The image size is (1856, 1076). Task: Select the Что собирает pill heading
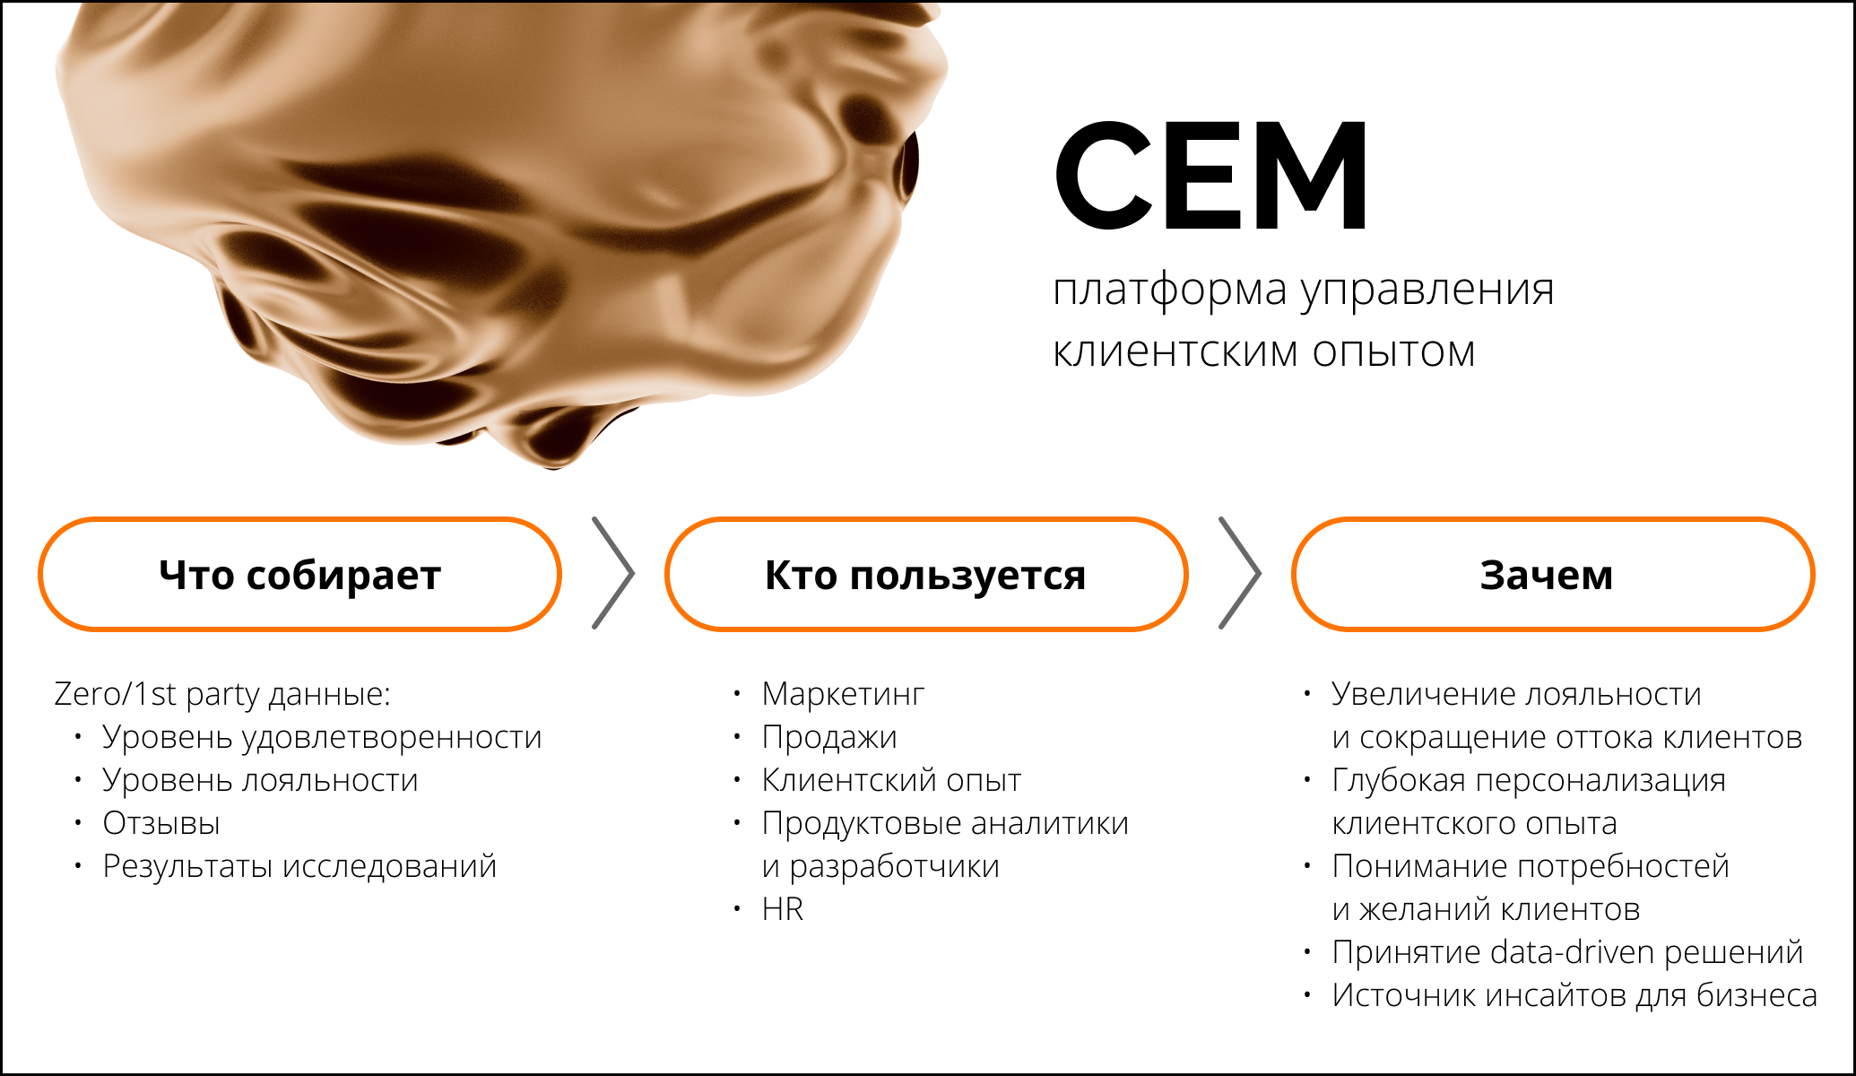coord(299,575)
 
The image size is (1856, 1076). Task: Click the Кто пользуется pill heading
coord(925,575)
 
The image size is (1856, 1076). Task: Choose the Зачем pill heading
coord(1552,575)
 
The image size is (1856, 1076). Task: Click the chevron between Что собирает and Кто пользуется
coord(614,573)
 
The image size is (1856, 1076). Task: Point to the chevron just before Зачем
coord(1241,573)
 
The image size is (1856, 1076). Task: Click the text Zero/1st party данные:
coord(222,694)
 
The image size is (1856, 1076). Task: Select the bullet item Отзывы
coord(161,823)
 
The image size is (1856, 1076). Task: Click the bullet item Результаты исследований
coord(299,866)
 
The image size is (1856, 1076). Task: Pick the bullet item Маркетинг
coord(843,694)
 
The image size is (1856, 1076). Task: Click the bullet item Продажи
coord(829,738)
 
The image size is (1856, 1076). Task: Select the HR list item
coord(783,909)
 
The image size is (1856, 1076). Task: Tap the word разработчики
coord(895,866)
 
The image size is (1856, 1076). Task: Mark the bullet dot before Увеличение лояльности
coord(1307,693)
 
